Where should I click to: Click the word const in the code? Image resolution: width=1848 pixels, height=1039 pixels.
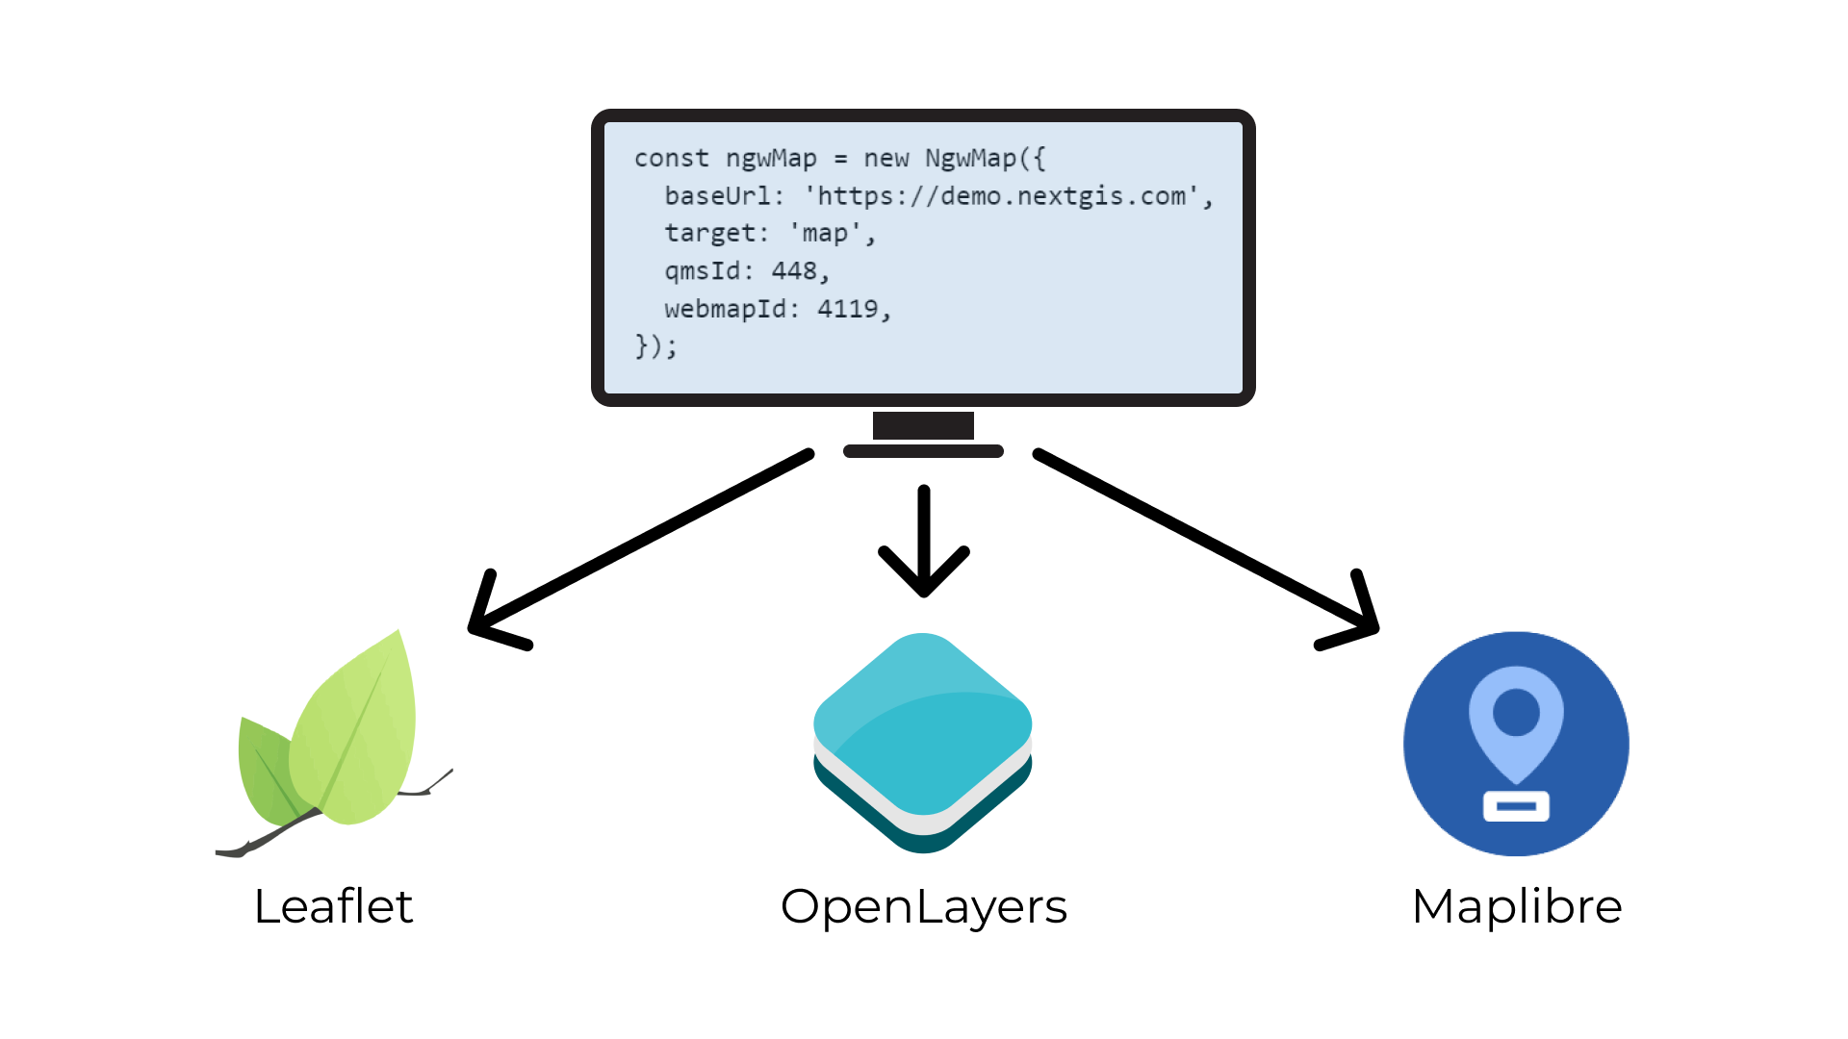(x=671, y=159)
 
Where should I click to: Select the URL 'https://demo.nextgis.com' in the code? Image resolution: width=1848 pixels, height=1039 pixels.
(x=1002, y=196)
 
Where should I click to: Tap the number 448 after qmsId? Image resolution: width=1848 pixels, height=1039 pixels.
(x=794, y=271)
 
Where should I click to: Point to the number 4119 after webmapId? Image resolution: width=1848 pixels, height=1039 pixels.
(x=847, y=309)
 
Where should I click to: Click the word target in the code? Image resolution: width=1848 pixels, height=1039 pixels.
(x=709, y=234)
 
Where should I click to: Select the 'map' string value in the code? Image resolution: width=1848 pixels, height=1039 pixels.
(x=825, y=234)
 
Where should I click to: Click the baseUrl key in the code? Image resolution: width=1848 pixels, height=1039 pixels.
(x=717, y=196)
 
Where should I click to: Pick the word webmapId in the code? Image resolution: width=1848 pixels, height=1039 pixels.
(x=725, y=309)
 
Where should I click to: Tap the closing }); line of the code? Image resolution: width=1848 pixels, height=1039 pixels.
(x=655, y=346)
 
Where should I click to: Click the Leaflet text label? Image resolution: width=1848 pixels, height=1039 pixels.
(x=333, y=906)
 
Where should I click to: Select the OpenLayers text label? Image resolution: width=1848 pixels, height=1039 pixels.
(x=924, y=906)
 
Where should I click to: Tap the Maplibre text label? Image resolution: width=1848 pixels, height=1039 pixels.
(x=1517, y=906)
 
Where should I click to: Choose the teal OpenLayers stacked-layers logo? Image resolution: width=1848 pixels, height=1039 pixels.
(x=923, y=741)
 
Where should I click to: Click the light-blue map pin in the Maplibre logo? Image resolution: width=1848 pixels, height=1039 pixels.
(x=1516, y=722)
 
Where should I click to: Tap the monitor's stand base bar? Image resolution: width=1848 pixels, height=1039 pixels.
(x=923, y=451)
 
